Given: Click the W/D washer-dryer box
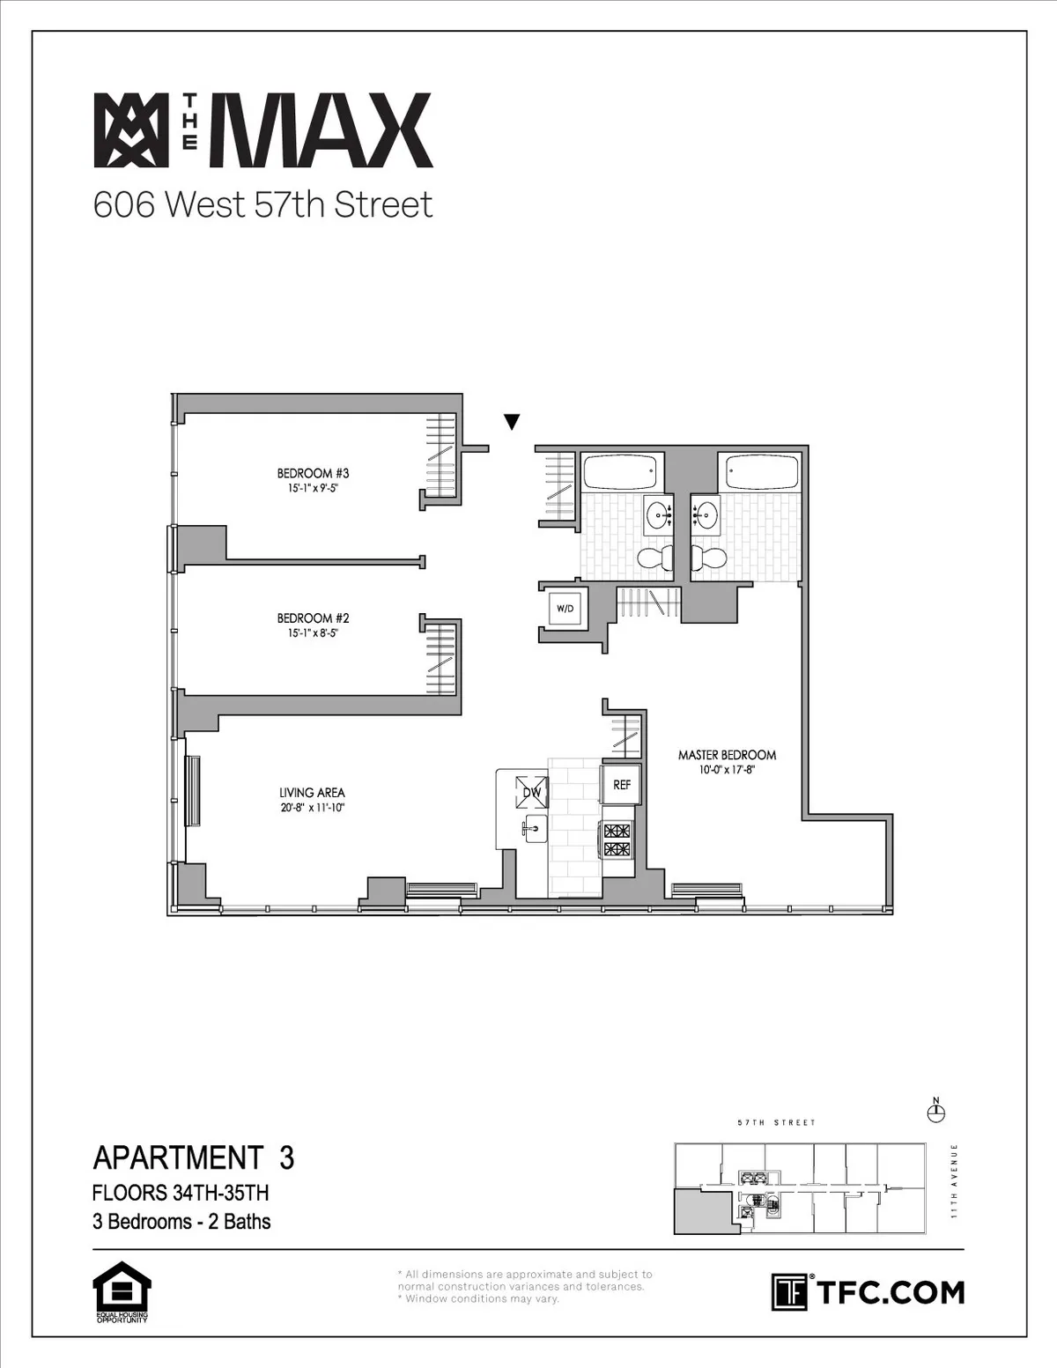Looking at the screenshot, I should point(563,608).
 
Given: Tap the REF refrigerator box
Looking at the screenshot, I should point(622,784).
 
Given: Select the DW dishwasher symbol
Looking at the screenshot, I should point(531,790).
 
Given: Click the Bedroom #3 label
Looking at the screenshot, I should point(307,474).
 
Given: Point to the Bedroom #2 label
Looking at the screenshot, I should point(307,618).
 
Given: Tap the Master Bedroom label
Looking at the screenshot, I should point(727,755).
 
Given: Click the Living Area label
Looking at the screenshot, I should point(312,793).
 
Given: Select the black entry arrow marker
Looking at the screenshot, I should point(512,423).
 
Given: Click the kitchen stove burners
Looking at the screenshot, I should point(617,839).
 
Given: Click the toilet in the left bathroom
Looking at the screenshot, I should point(652,557).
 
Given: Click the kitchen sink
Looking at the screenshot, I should point(535,828).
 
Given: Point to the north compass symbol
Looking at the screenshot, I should point(936,1113).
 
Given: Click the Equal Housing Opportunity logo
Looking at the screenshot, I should point(122,1292).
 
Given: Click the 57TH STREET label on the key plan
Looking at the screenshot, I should point(776,1123).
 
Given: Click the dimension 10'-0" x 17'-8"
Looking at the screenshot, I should point(727,770).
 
